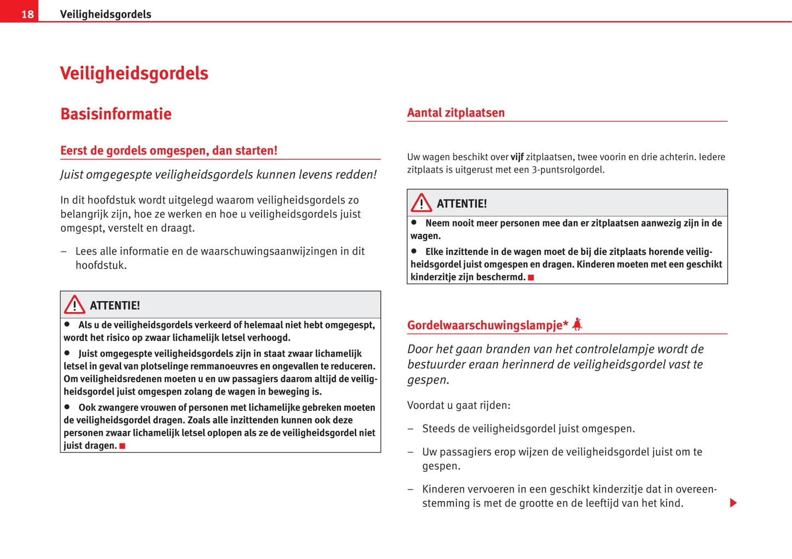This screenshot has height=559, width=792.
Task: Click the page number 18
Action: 27,14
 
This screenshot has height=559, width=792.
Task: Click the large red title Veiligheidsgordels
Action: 134,74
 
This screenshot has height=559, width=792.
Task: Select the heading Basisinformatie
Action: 116,114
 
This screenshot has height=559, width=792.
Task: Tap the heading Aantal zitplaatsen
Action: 455,113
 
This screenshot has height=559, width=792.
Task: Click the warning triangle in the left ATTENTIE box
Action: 75,304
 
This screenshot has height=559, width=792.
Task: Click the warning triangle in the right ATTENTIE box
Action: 421,203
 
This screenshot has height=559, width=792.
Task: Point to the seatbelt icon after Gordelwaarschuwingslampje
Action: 577,324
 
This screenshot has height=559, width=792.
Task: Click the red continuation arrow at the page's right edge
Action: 733,503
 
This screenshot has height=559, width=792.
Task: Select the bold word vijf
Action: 517,157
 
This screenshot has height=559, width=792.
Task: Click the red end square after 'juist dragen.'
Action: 122,446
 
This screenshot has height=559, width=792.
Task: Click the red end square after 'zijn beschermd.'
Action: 531,278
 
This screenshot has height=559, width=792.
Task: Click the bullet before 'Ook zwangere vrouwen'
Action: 67,407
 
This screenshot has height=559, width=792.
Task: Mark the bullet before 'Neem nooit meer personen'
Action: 414,223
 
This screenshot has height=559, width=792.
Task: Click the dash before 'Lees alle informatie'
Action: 64,252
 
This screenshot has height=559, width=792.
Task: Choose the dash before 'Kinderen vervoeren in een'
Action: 411,489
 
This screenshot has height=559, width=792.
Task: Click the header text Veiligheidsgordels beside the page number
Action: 105,14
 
